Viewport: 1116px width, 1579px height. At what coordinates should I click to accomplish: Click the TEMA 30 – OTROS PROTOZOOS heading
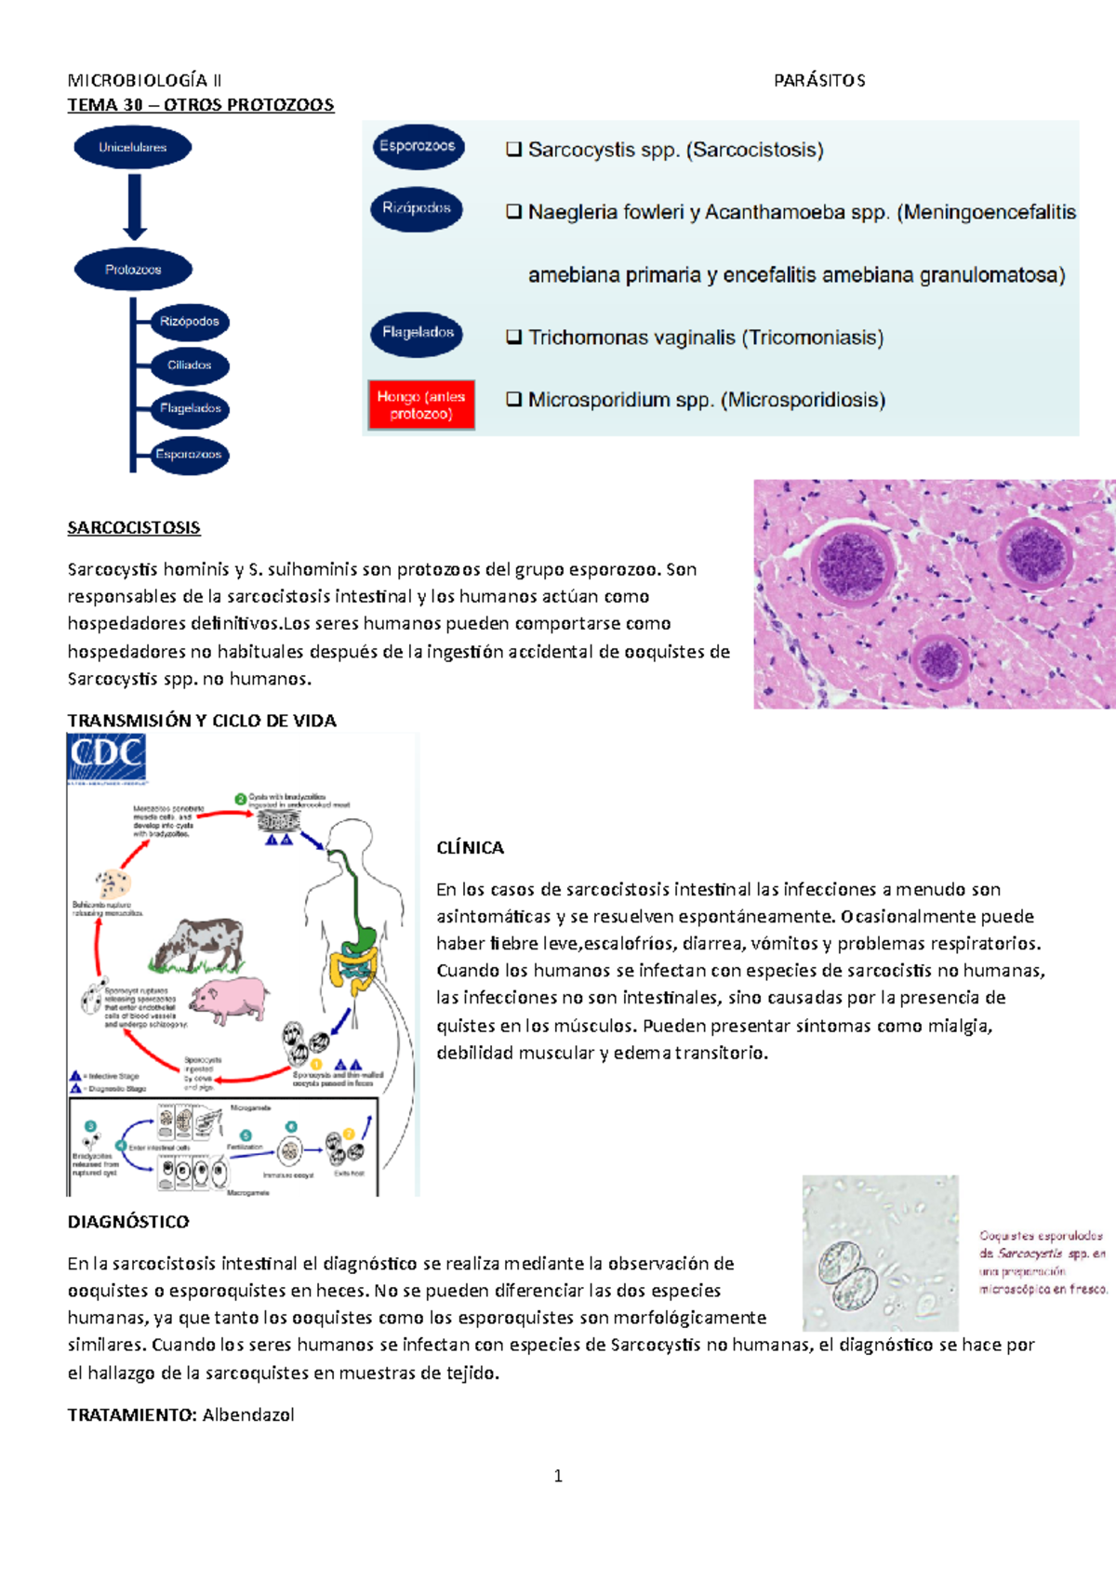click(200, 105)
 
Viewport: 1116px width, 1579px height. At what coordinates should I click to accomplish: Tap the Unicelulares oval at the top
click(133, 147)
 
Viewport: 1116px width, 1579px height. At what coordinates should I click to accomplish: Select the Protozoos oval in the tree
click(133, 270)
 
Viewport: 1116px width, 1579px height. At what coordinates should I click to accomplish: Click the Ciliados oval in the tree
click(190, 365)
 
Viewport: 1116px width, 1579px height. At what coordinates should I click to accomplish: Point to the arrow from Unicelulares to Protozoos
click(135, 207)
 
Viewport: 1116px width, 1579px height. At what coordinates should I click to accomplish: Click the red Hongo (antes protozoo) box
click(421, 405)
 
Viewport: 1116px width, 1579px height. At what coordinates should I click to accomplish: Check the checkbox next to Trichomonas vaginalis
click(513, 338)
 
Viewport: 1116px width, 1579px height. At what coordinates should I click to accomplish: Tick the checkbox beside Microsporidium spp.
click(513, 400)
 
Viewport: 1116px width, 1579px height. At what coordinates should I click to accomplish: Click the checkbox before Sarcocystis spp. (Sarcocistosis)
click(513, 150)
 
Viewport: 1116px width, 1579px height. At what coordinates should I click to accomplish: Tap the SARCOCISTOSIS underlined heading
click(134, 528)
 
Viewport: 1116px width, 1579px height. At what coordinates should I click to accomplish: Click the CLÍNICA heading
click(470, 848)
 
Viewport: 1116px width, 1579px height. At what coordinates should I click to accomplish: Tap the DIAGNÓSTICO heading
click(128, 1222)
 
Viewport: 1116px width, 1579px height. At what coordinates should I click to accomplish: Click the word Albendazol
click(248, 1415)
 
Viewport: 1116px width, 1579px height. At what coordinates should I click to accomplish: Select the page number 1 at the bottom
click(558, 1476)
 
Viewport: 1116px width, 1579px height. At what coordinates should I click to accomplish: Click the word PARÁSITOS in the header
click(819, 81)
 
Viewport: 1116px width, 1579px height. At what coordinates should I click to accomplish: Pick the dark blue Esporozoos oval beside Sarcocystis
click(418, 147)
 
